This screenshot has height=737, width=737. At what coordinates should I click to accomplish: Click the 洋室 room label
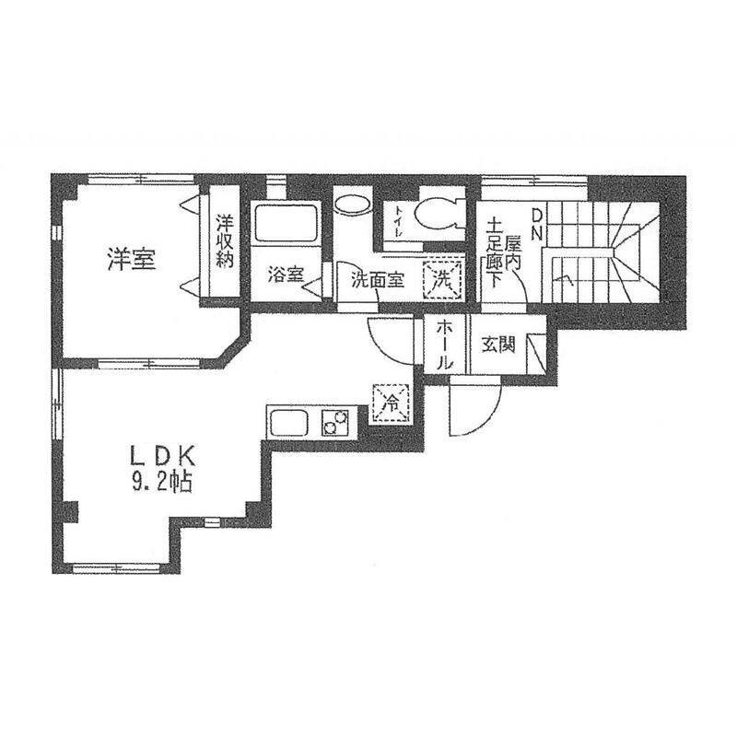(132, 260)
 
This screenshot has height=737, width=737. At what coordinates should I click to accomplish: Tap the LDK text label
(162, 455)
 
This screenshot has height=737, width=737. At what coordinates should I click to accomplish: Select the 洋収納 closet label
(225, 241)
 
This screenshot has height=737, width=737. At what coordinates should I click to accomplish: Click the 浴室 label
(287, 275)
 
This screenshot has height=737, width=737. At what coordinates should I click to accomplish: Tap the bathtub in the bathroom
(286, 223)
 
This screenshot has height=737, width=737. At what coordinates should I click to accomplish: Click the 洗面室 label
(378, 281)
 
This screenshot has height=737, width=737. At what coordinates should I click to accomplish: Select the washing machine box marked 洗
(442, 280)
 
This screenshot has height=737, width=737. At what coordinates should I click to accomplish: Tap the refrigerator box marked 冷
(391, 404)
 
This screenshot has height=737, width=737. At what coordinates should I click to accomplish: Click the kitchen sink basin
(291, 423)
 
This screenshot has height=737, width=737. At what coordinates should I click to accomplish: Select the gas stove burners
(335, 422)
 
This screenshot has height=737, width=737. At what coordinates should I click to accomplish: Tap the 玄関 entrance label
(498, 345)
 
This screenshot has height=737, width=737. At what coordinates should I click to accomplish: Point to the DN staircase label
(537, 224)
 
